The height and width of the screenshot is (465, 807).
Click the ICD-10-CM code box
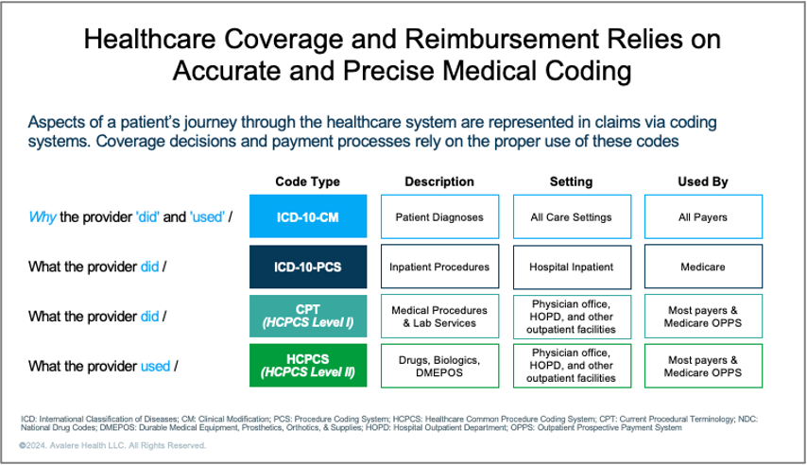(307, 216)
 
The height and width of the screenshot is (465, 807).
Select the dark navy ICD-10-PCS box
(307, 267)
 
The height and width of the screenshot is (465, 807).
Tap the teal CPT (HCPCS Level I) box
(307, 316)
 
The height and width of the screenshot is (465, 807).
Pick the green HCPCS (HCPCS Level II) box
(307, 365)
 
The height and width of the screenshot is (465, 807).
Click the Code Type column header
(307, 181)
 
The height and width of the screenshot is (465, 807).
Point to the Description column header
(438, 181)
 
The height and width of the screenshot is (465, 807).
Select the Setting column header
(571, 181)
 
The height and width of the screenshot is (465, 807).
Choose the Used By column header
(702, 181)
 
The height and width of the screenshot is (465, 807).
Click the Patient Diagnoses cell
(438, 216)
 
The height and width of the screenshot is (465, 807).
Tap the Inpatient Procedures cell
(438, 267)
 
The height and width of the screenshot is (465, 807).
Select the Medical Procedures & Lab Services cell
(438, 316)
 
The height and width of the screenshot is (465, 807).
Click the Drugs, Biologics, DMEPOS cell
(438, 365)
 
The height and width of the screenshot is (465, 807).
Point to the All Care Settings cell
(571, 216)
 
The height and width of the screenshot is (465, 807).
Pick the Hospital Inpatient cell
(571, 267)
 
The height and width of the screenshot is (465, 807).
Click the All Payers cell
(702, 216)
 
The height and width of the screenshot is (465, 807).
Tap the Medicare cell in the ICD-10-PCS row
(702, 267)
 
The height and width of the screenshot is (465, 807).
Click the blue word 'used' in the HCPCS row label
(154, 366)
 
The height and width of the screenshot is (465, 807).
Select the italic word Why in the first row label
(43, 217)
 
